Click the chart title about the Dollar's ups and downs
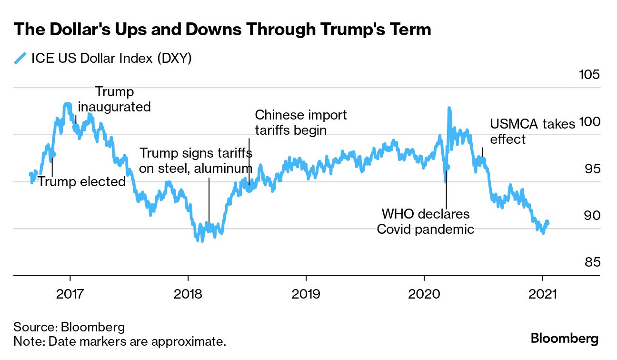tap(222, 30)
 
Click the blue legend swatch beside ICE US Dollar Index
tap(20, 59)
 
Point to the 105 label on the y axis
tap(588, 75)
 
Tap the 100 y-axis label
tap(588, 121)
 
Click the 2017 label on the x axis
tap(70, 293)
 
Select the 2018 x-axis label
tap(188, 293)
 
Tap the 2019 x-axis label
tap(306, 293)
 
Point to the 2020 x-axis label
tap(424, 293)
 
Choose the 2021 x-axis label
tap(542, 293)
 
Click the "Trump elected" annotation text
tap(81, 181)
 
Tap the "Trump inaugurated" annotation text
tap(114, 99)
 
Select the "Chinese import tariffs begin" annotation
tap(301, 122)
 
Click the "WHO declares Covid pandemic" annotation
tap(426, 221)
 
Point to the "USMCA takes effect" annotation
tap(533, 131)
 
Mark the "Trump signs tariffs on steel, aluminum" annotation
tap(196, 160)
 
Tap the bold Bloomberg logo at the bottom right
tap(564, 339)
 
